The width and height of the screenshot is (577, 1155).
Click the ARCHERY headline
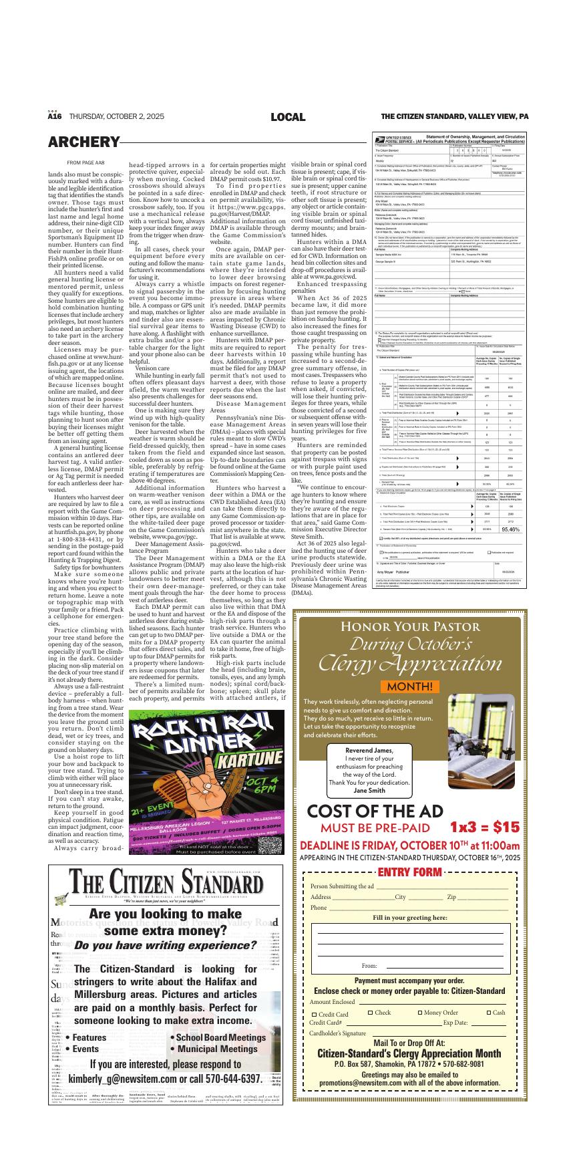tap(83, 142)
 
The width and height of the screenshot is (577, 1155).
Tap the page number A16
tap(55, 117)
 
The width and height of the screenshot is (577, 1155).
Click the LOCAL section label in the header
tap(288, 117)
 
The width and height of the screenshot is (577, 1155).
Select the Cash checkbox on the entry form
tap(489, 1013)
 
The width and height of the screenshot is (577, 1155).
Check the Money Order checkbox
tap(419, 1013)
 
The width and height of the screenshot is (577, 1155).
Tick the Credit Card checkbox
tap(315, 1015)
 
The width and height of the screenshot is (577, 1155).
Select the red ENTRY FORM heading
tap(410, 872)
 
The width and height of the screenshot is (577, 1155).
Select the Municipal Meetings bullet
tap(208, 1049)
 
